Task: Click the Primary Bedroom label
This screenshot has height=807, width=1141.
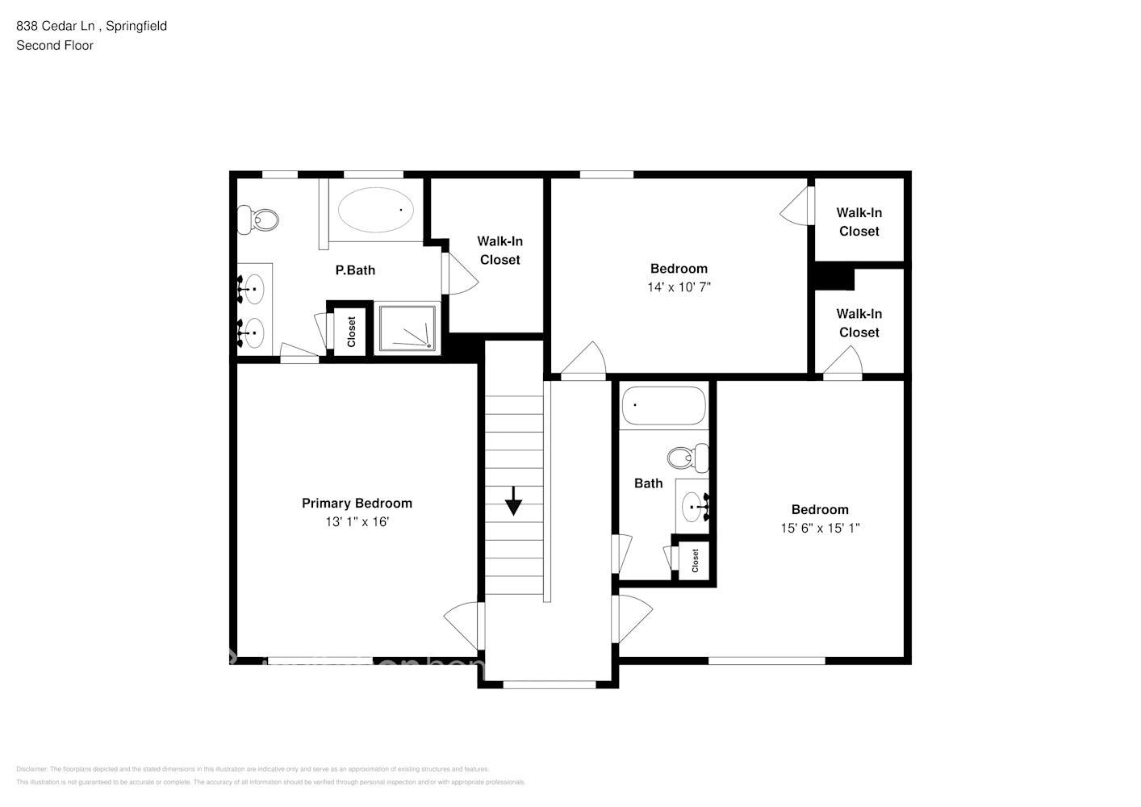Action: coord(357,503)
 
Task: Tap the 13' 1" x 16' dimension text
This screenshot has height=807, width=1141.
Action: coord(357,522)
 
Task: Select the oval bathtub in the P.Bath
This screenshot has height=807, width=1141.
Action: coord(375,210)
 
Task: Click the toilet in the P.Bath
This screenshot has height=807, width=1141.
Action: coord(260,219)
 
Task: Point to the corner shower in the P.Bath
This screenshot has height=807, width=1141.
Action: coord(408,328)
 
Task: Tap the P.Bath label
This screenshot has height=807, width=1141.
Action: coord(355,270)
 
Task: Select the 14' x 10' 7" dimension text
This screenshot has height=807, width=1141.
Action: coord(679,287)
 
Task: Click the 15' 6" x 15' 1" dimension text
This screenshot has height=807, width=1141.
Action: coord(820,529)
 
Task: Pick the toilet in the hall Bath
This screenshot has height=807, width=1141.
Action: coord(687,458)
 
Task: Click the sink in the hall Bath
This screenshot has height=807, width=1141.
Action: coord(692,507)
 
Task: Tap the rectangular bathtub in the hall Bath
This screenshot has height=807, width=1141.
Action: coord(663,406)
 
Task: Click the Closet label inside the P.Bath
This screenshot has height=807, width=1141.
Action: coord(351,331)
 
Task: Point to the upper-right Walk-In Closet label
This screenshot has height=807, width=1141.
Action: coord(859,222)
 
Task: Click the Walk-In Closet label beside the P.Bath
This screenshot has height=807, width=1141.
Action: coord(499,250)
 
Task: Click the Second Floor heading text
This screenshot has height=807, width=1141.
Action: coord(55,45)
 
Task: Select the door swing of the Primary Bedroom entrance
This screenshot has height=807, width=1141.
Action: coord(462,626)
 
